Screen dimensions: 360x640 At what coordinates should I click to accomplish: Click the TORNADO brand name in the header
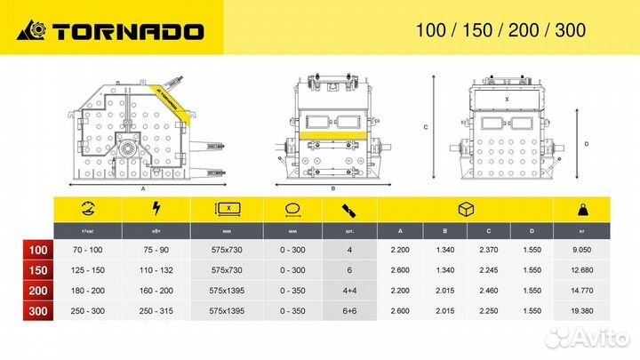tap(127, 31)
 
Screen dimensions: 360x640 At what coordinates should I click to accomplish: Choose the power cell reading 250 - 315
tap(157, 311)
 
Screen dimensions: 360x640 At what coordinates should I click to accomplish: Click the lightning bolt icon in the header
tap(156, 210)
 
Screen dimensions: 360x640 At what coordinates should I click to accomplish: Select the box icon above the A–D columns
tap(465, 210)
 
